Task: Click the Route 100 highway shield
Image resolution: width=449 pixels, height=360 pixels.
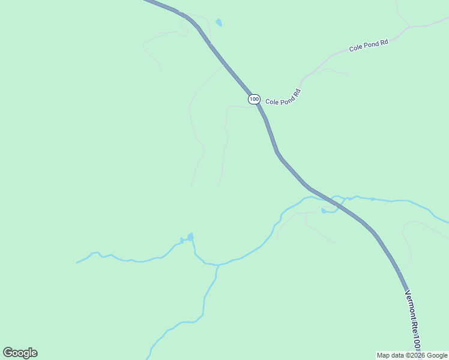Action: pyautogui.click(x=254, y=98)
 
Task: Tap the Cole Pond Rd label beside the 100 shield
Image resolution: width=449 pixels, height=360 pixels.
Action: pyautogui.click(x=283, y=98)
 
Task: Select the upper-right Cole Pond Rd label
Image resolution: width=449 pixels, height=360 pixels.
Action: pyautogui.click(x=369, y=45)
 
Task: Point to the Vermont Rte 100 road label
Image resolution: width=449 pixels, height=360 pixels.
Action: pyautogui.click(x=412, y=320)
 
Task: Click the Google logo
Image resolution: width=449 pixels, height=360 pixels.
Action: pyautogui.click(x=20, y=353)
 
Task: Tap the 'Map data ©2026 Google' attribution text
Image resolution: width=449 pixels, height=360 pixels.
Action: pyautogui.click(x=412, y=355)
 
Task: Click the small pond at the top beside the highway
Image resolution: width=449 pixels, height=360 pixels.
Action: pyautogui.click(x=219, y=23)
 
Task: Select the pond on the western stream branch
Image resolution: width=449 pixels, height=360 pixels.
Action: pyautogui.click(x=190, y=237)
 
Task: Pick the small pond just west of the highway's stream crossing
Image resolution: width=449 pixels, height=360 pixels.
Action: pyautogui.click(x=325, y=211)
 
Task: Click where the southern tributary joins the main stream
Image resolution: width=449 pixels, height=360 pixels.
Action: pyautogui.click(x=217, y=265)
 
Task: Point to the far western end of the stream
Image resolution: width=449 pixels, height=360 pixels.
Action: pyautogui.click(x=77, y=263)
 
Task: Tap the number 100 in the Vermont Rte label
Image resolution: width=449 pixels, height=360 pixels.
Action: pyautogui.click(x=415, y=341)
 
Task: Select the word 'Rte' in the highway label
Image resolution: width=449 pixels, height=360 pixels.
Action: pyautogui.click(x=412, y=324)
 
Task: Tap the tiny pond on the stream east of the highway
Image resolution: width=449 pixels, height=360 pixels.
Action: pyautogui.click(x=373, y=199)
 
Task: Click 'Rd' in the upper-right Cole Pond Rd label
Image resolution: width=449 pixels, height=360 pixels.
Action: pyautogui.click(x=384, y=42)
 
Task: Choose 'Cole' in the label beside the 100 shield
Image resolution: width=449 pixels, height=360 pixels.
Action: pyautogui.click(x=272, y=102)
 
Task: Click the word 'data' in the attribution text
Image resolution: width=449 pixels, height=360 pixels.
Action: pyautogui.click(x=397, y=355)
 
